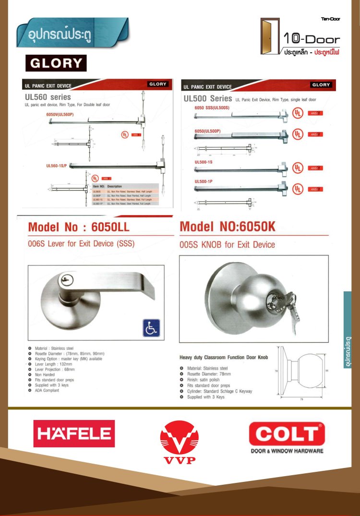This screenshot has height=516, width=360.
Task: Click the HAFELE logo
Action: pyautogui.click(x=74, y=433)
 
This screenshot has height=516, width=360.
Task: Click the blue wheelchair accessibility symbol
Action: pyautogui.click(x=151, y=328)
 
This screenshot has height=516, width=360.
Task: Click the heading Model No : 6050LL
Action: pyautogui.click(x=79, y=227)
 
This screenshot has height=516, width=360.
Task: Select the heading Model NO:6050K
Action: pyautogui.click(x=228, y=227)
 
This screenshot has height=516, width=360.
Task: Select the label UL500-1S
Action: pyautogui.click(x=204, y=162)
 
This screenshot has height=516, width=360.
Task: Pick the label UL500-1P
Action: pyautogui.click(x=204, y=181)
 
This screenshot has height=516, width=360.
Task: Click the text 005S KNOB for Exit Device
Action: pyautogui.click(x=227, y=245)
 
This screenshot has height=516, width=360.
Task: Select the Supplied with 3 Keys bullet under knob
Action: pyautogui.click(x=205, y=397)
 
